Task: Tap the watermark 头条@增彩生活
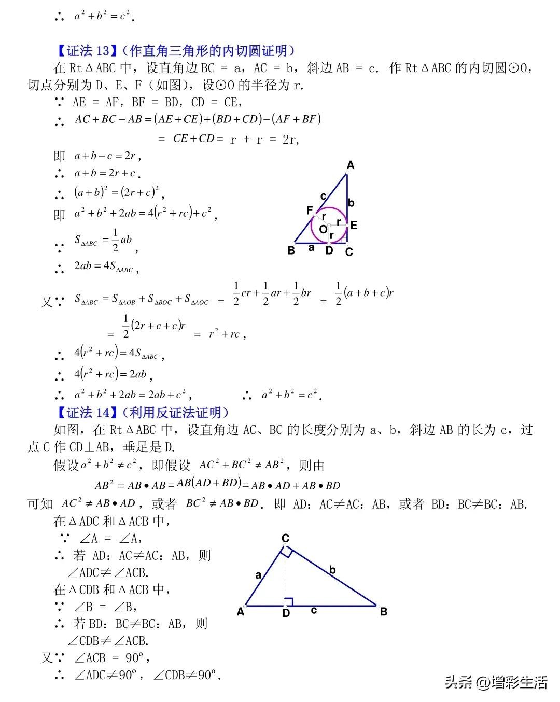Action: pos(496,682)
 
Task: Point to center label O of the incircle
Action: pos(323,229)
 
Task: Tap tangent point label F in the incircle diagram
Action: pos(310,210)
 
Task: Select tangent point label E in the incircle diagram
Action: pos(354,225)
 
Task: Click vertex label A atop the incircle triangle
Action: pos(351,165)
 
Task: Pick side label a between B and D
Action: pos(311,248)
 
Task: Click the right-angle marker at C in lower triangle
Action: pos(288,552)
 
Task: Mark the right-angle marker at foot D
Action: pos(289,601)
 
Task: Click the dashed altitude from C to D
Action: pos(285,575)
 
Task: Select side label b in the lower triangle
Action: pos(332,570)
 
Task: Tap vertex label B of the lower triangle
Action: pos(384,612)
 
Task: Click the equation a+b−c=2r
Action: pos(105,156)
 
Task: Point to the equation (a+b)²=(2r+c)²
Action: pos(116,192)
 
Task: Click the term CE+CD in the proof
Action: pos(193,138)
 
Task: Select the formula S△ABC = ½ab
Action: pos(104,241)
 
